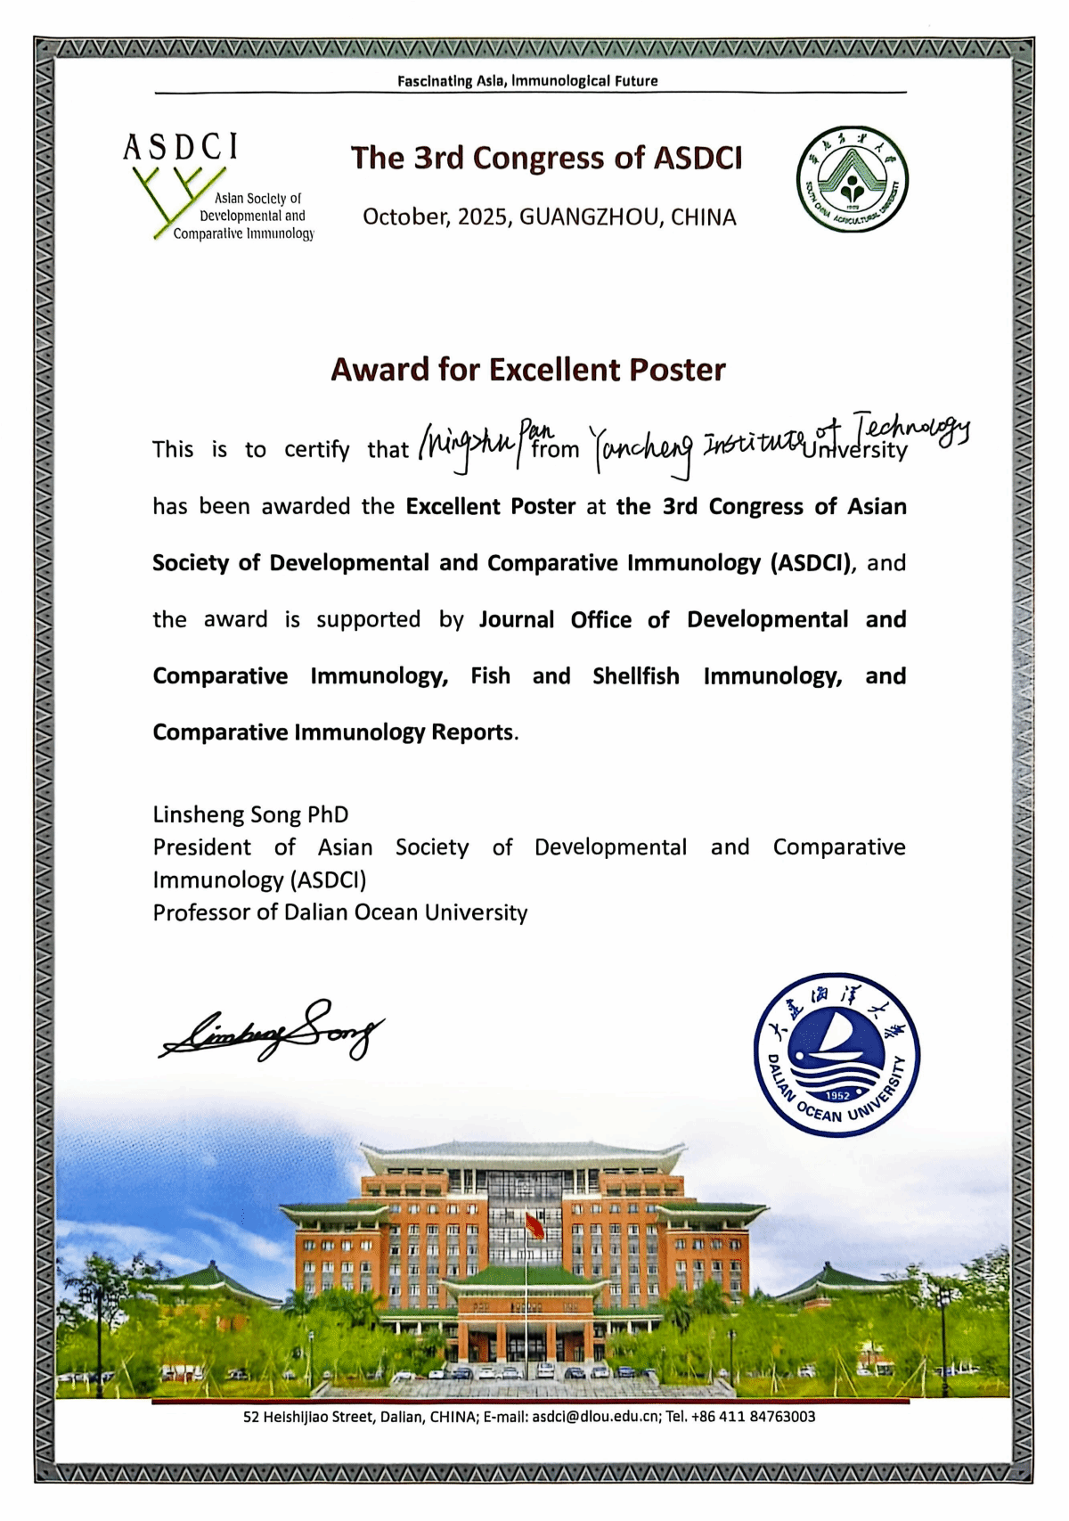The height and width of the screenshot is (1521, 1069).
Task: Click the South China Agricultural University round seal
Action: pos(852,179)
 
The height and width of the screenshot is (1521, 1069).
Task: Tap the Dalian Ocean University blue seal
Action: pos(836,1055)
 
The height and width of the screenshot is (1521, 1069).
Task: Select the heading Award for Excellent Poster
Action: pos(528,370)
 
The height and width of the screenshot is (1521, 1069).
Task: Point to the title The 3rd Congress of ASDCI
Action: pos(546,158)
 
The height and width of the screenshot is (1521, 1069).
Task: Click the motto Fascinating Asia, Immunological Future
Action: pos(527,81)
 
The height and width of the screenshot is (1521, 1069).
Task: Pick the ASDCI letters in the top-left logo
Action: pos(181,147)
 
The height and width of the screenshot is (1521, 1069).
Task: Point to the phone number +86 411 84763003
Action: pos(753,1416)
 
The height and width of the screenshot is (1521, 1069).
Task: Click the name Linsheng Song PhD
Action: pos(250,814)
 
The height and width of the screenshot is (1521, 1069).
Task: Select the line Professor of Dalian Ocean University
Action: pos(339,912)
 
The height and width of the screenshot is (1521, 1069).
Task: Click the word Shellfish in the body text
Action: pos(635,676)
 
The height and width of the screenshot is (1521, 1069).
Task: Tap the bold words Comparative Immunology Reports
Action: pos(332,732)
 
